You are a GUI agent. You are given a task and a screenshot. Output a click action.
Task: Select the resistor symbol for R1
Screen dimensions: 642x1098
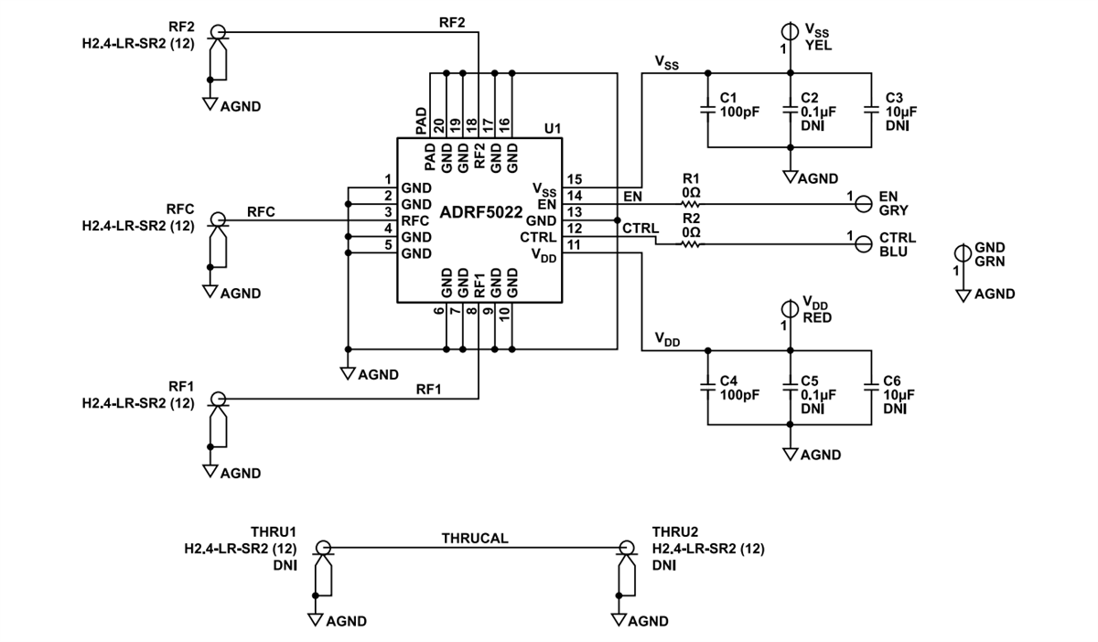pyautogui.click(x=691, y=204)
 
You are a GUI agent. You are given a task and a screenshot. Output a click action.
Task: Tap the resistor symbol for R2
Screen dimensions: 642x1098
pyautogui.click(x=691, y=244)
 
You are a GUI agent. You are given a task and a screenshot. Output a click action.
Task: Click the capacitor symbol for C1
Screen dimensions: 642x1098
pyautogui.click(x=706, y=110)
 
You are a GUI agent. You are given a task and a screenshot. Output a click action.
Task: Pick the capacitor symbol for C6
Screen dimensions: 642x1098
pyautogui.click(x=871, y=387)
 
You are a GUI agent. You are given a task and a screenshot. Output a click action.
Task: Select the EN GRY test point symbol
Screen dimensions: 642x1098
pyautogui.click(x=862, y=204)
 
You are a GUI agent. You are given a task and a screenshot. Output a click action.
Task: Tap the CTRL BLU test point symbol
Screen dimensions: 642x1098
pyautogui.click(x=862, y=244)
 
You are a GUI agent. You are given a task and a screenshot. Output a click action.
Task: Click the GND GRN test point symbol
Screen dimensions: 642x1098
pyautogui.click(x=962, y=253)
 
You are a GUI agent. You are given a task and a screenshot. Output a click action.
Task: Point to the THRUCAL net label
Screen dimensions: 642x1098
pyautogui.click(x=475, y=539)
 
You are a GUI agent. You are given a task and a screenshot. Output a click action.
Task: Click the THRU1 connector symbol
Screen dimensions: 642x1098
pyautogui.click(x=322, y=548)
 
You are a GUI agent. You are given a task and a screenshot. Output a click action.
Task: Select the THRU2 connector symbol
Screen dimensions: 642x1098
pyautogui.click(x=627, y=548)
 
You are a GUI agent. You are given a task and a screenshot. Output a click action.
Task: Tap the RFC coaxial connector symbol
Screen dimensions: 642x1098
pyautogui.click(x=218, y=220)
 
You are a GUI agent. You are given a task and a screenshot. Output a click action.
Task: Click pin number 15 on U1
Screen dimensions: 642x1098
pyautogui.click(x=574, y=179)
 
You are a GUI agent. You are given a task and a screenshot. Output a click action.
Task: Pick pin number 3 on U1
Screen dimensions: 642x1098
pyautogui.click(x=388, y=212)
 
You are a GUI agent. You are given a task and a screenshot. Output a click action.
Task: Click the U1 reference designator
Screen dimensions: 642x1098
pyautogui.click(x=552, y=129)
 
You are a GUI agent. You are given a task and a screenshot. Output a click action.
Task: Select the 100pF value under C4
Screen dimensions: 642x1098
pyautogui.click(x=737, y=395)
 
